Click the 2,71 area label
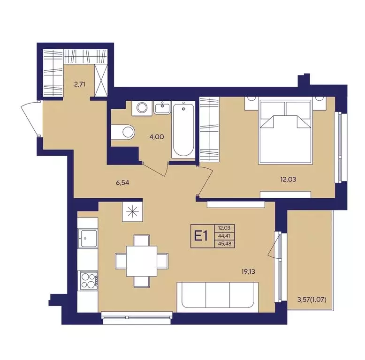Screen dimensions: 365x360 (80, 84)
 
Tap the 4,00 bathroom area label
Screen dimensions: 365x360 (157, 137)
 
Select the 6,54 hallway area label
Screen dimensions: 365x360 (122, 183)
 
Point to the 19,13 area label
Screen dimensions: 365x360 (248, 271)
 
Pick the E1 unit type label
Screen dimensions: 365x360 (201, 237)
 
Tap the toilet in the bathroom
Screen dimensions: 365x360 (123, 132)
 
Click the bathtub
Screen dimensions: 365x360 (183, 130)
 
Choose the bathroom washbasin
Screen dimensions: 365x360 (162, 108)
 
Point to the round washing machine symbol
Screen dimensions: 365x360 (142, 108)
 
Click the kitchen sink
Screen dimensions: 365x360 (88, 239)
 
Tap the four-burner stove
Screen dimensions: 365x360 (89, 281)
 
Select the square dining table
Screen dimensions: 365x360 (142, 261)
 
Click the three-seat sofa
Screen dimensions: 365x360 (218, 297)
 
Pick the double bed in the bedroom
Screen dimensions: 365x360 (285, 131)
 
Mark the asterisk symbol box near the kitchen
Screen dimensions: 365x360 (132, 211)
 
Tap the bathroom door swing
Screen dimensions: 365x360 (155, 171)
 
